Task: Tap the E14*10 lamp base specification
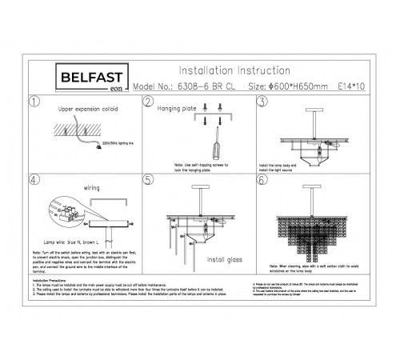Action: tap(350, 86)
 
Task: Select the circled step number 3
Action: tap(262, 103)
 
